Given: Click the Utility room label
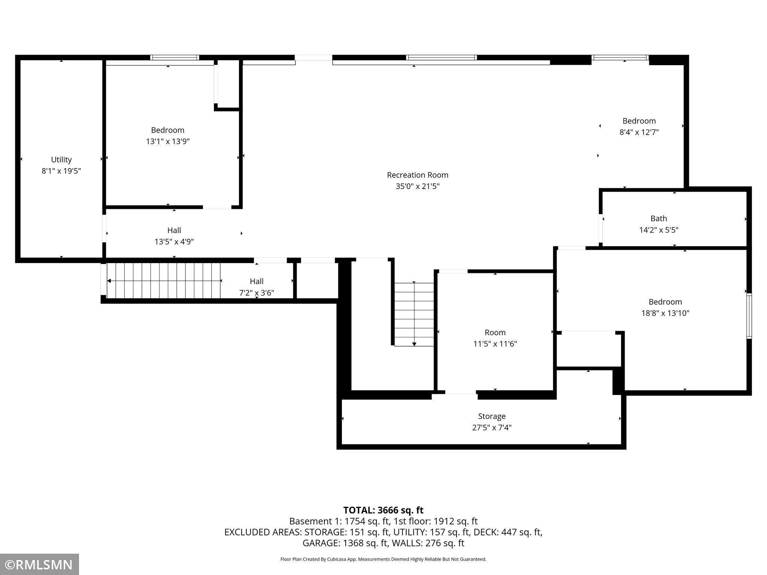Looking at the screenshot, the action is point(61,160).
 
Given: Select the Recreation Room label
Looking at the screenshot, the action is point(418,175).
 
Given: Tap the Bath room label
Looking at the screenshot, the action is point(659,218).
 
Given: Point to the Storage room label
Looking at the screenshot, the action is point(492,416).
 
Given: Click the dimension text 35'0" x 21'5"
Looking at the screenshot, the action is point(418,186).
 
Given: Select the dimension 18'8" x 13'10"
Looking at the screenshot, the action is point(666,313).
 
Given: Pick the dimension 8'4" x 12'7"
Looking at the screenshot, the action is point(639,132).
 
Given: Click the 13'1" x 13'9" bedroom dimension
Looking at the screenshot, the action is point(168,142).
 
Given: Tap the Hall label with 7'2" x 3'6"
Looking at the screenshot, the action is point(257,281).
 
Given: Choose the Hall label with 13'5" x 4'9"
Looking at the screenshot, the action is point(174,230).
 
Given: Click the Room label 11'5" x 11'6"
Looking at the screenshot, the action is point(495,332).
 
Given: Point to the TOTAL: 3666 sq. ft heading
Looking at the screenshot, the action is point(383,510).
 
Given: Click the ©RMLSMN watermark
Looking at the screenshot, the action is point(39,565).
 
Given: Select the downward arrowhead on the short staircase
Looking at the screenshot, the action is point(414,344).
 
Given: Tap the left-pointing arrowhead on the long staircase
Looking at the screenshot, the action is point(109,281).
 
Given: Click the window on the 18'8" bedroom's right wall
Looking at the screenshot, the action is point(749,316).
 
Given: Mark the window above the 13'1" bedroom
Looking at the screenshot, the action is point(175,58).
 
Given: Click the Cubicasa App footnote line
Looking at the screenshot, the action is point(383,559).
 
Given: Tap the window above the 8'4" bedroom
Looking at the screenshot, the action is point(620,58).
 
